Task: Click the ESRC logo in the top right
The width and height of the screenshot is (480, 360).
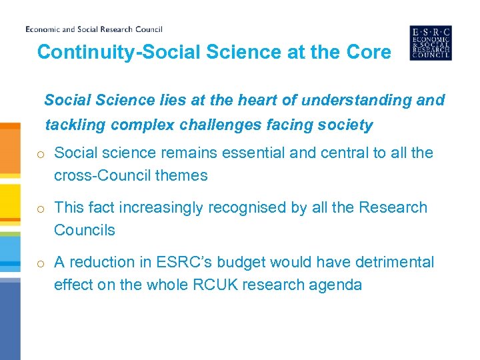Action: (430, 43)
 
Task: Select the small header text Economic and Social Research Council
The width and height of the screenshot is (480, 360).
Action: (93, 29)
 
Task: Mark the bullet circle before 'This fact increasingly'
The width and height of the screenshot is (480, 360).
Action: (41, 209)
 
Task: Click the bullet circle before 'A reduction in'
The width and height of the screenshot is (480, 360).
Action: (41, 263)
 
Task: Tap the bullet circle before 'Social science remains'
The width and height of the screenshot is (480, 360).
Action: (41, 154)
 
